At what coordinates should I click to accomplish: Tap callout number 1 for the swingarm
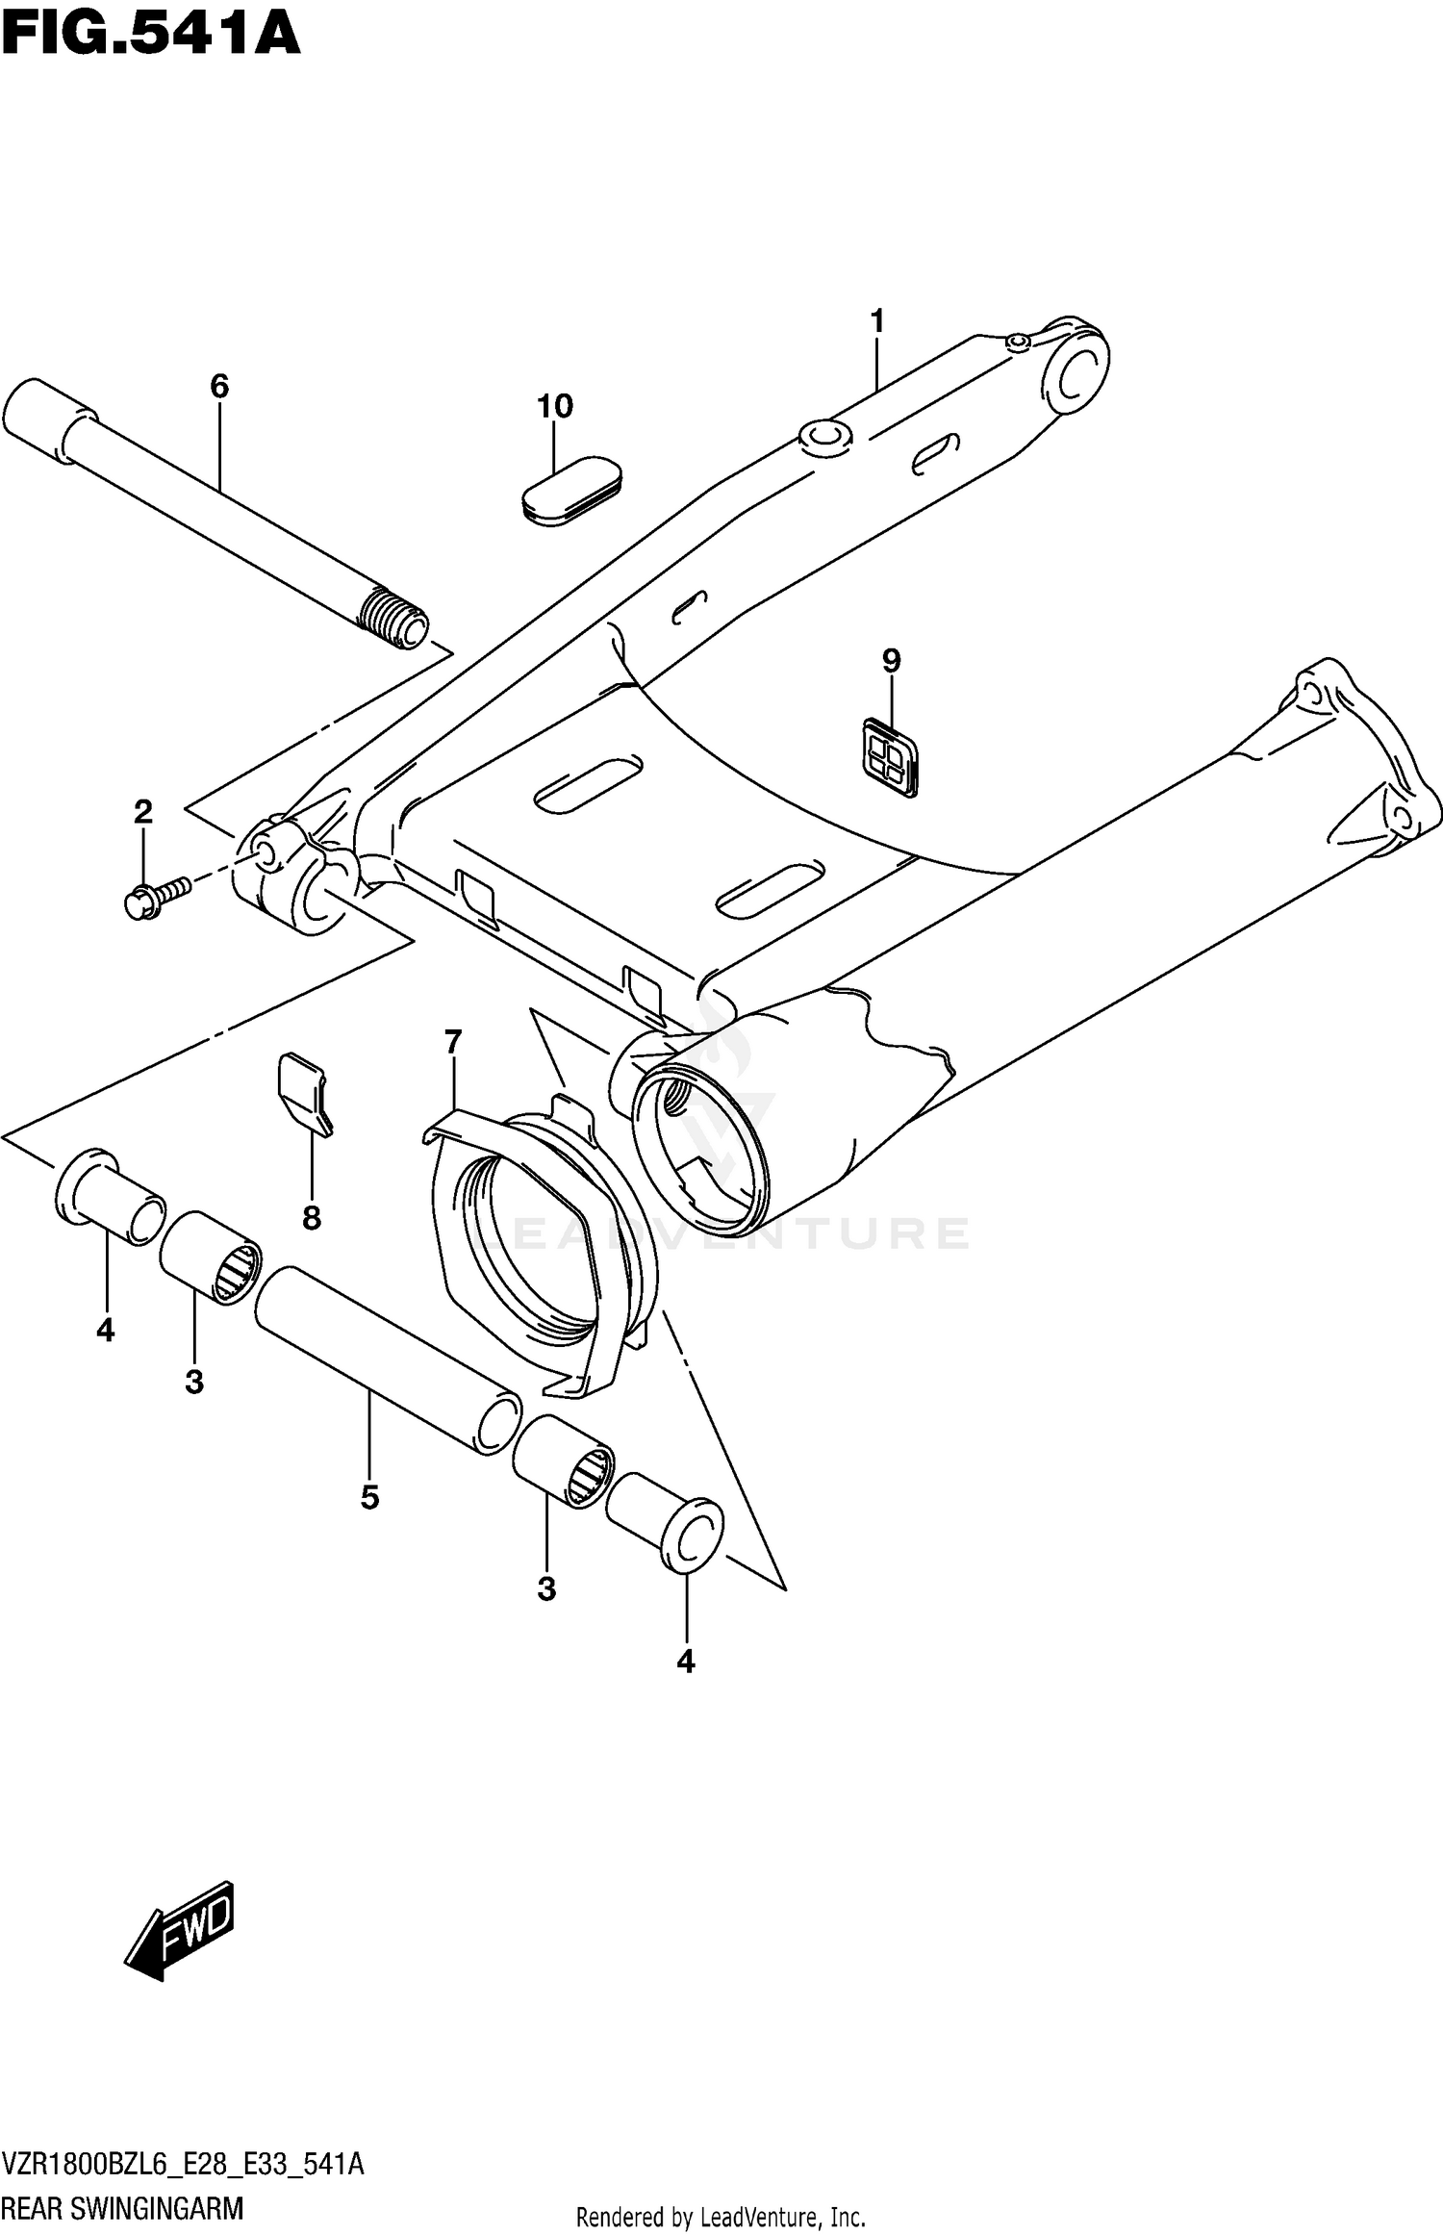876,321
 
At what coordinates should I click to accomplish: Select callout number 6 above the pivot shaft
219,387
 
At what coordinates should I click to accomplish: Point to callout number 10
555,407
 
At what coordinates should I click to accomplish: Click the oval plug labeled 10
571,492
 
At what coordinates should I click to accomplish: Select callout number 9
891,661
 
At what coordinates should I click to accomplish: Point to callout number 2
142,812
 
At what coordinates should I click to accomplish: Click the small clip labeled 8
305,1092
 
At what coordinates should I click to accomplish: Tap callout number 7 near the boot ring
453,1041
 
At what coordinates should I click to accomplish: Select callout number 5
369,1497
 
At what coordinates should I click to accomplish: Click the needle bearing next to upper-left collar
211,1257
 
